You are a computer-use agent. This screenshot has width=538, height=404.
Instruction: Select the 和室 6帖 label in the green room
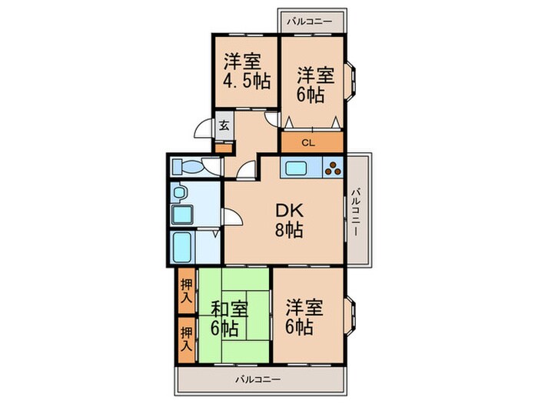tap(230, 318)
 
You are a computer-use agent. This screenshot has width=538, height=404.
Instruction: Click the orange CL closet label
tap(307, 142)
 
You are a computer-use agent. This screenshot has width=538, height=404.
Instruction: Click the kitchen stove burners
tap(333, 168)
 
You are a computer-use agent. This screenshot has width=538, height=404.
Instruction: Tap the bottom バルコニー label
tap(257, 379)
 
